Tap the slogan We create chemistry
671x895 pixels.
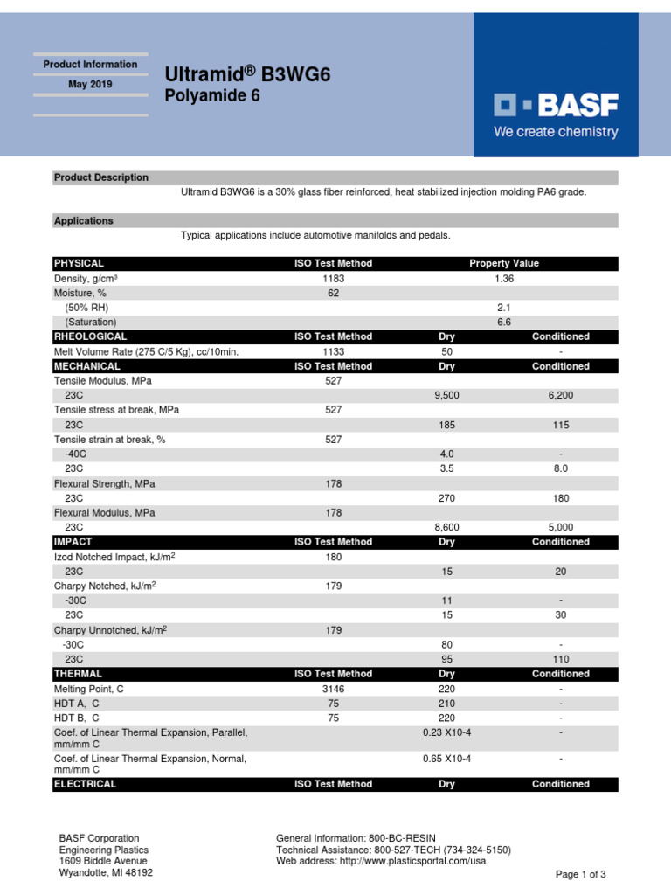pos(556,133)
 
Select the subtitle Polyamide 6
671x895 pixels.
pos(212,96)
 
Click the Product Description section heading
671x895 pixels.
pos(101,177)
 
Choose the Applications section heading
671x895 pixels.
pos(84,221)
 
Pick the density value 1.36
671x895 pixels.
pos(504,278)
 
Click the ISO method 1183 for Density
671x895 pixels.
pos(333,278)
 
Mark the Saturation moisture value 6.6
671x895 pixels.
pos(504,323)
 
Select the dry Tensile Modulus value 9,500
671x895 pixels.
pos(446,396)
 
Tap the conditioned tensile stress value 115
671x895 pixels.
pos(561,425)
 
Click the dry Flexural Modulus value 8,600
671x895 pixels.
pos(446,528)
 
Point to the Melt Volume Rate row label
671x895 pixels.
pos(146,351)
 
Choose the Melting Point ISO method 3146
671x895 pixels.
pos(333,689)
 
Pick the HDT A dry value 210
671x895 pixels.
pos(446,704)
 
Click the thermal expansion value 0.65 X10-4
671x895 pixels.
pos(446,758)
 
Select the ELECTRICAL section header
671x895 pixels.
pos(86,784)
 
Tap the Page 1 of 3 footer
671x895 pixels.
pos(581,874)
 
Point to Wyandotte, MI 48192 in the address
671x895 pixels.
pos(106,872)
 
